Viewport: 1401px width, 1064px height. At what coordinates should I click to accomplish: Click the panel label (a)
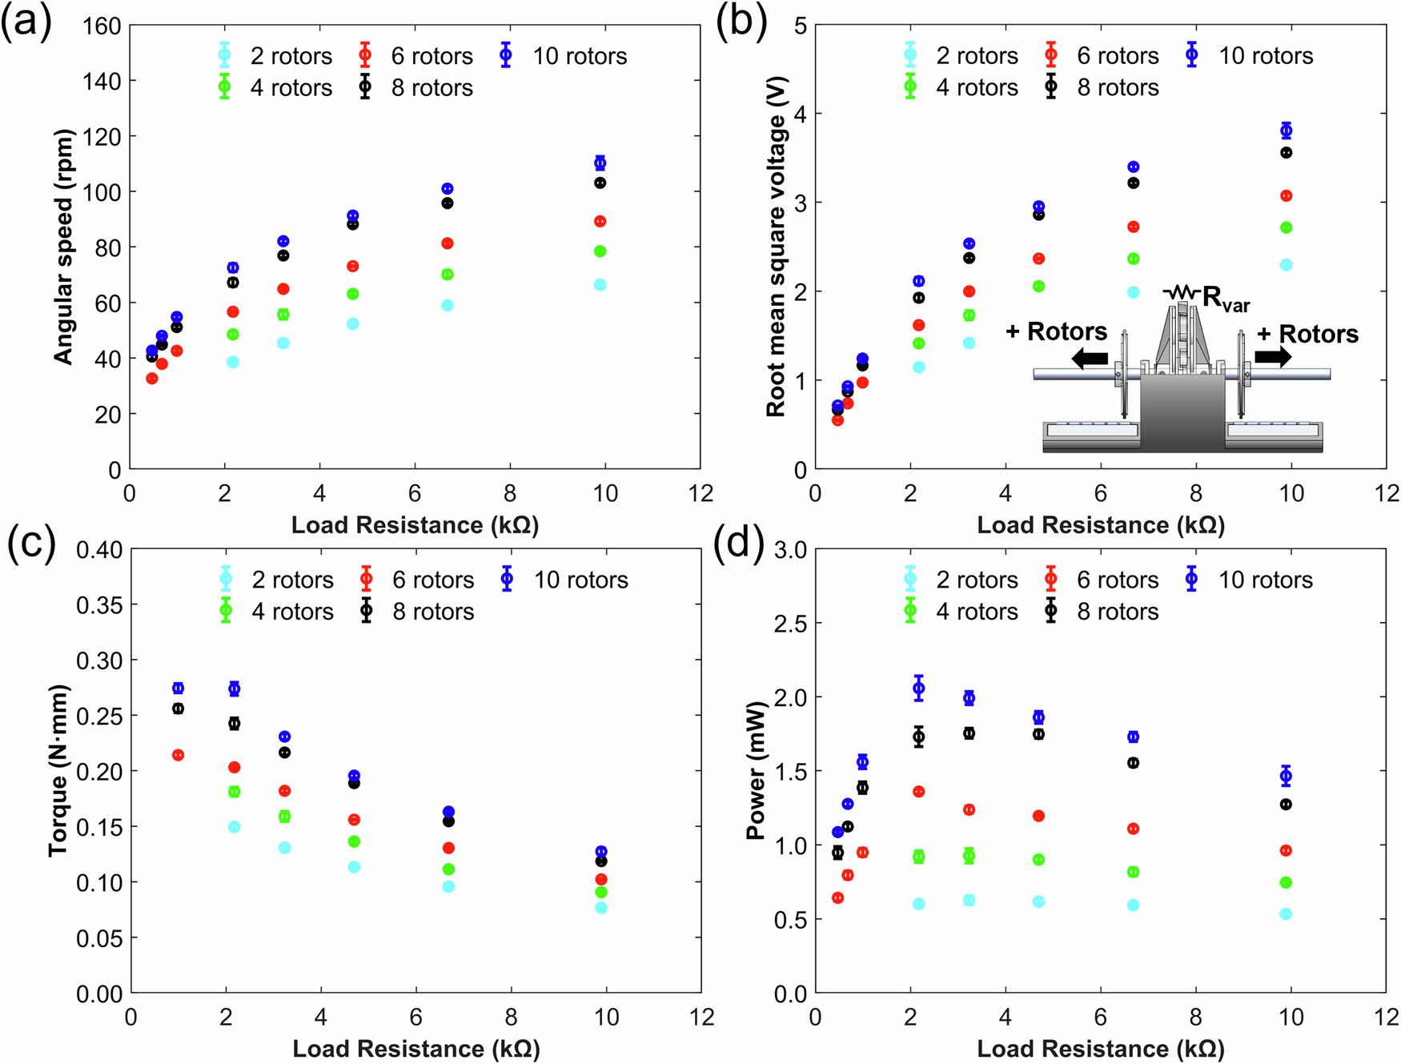click(x=26, y=22)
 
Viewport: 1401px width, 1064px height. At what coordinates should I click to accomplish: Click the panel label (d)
click(x=740, y=544)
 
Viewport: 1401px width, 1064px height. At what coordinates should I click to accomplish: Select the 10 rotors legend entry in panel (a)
click(x=565, y=56)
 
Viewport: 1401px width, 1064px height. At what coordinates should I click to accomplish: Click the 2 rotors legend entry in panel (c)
click(x=277, y=580)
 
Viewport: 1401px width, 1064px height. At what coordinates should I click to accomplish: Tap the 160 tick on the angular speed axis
click(x=102, y=26)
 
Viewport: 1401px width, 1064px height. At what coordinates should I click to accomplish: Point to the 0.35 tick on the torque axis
click(x=99, y=605)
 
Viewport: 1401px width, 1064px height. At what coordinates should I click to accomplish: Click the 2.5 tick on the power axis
click(x=790, y=624)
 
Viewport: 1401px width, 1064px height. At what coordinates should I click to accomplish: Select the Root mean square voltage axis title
click(x=776, y=246)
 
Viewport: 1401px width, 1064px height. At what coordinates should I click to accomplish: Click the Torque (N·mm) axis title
click(x=58, y=770)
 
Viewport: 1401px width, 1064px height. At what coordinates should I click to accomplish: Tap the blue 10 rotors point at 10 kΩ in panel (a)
click(x=600, y=163)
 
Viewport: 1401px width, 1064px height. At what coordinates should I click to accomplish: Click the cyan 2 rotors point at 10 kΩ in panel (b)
click(x=1286, y=265)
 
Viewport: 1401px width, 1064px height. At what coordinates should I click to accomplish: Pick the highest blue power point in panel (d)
click(x=919, y=688)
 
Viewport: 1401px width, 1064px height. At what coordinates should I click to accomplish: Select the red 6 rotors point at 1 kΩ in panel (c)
click(x=179, y=755)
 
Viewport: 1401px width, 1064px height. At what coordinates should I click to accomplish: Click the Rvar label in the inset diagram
click(x=1223, y=299)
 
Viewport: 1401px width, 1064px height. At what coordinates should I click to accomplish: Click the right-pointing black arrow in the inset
click(x=1273, y=356)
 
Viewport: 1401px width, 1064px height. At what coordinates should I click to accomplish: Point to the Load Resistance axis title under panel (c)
click(x=415, y=1049)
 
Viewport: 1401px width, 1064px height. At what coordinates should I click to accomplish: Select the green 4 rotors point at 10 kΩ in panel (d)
click(x=1286, y=882)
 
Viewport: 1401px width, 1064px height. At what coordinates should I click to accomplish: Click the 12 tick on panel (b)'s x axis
click(x=1386, y=494)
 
